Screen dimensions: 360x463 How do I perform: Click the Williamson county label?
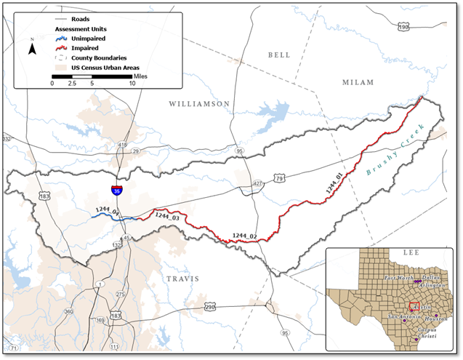click(199, 104)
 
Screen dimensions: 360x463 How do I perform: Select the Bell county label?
click(278, 55)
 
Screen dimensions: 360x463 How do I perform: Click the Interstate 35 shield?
click(117, 190)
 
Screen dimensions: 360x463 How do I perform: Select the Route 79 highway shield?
click(278, 178)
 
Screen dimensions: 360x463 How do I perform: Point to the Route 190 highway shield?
click(424, 27)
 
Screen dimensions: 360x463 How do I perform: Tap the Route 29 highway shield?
click(135, 151)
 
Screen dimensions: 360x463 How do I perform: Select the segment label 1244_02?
click(245, 235)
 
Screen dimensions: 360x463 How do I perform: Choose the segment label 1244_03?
click(167, 217)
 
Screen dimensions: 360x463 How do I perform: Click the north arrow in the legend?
click(32, 49)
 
